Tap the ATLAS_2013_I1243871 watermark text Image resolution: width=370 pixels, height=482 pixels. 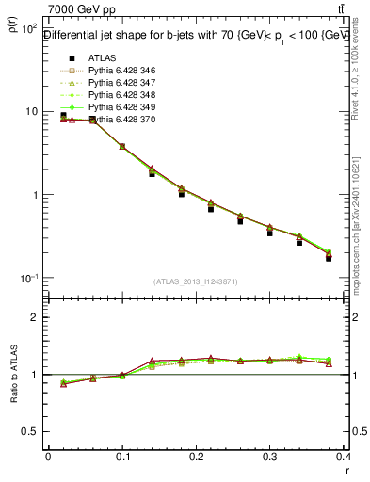(x=196, y=282)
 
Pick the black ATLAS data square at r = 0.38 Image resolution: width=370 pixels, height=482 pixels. (x=329, y=258)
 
